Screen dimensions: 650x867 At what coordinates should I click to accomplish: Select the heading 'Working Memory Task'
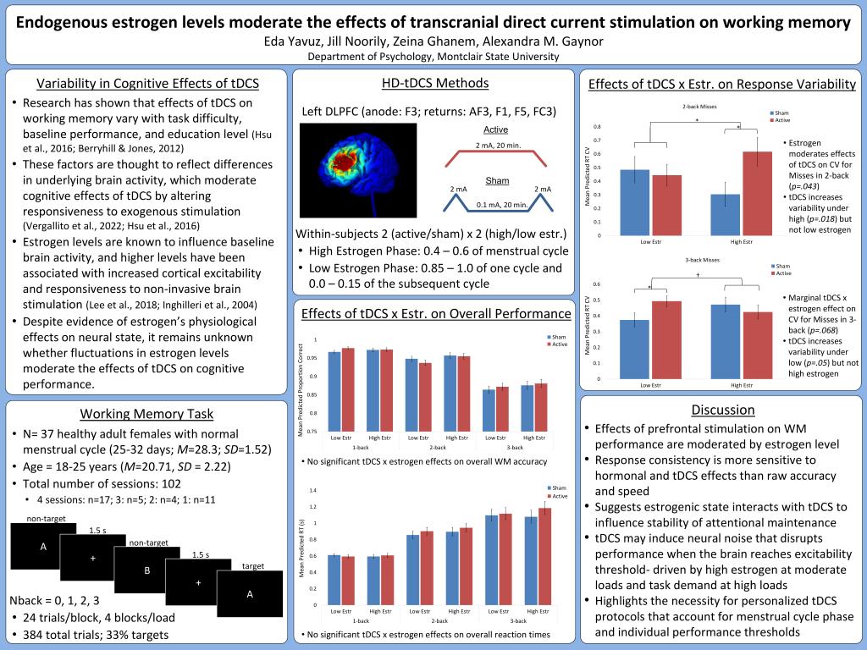[x=146, y=413]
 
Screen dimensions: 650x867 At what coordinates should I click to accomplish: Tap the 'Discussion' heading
[x=722, y=410]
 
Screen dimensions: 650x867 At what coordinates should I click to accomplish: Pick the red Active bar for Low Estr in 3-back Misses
[x=666, y=339]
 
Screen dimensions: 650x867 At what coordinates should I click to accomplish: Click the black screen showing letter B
[x=146, y=571]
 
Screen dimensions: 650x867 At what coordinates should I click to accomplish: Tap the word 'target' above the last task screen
[x=254, y=565]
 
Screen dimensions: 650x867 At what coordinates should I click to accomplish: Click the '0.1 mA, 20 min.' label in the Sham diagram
[x=501, y=204]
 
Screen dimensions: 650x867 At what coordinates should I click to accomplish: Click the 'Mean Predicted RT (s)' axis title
[x=302, y=548]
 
